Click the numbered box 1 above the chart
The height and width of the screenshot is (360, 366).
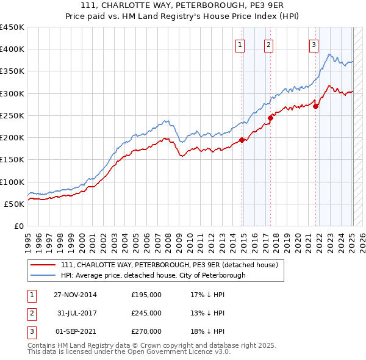coord(240,44)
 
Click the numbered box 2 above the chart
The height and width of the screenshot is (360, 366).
coord(268,44)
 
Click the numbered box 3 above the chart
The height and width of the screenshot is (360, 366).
coord(314,44)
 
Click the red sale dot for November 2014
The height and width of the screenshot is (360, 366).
coord(242,140)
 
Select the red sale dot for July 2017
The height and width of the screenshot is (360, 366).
coord(271,118)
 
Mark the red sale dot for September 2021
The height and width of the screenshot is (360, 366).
coord(316,107)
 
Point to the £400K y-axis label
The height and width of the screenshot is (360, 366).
coord(12,49)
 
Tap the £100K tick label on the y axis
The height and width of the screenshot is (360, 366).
coord(12,182)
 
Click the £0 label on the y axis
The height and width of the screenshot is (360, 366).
coord(18,226)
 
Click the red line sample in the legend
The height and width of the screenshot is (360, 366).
coord(43,265)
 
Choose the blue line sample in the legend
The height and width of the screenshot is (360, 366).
coord(43,275)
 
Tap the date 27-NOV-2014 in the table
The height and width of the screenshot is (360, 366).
coord(75,295)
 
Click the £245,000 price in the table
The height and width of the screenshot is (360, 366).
coord(146,313)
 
